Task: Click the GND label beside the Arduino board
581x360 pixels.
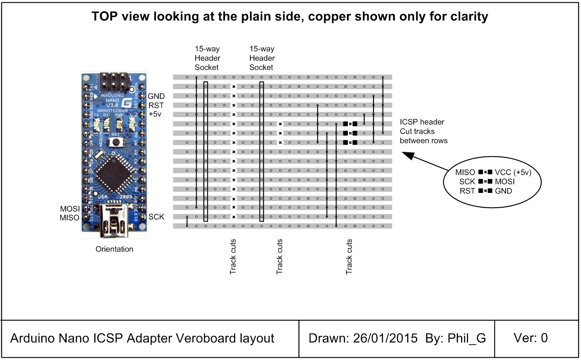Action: pos(156,96)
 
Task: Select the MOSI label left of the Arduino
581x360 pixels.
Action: pos(69,209)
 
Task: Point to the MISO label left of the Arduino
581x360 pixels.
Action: pos(69,218)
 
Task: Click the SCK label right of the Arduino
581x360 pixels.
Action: pos(156,217)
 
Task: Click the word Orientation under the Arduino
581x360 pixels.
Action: pos(114,249)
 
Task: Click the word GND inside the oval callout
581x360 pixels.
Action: pos(503,191)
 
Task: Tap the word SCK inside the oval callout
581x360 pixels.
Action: pos(468,182)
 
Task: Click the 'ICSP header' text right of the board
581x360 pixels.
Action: pos(422,122)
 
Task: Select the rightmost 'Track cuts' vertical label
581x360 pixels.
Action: pos(349,257)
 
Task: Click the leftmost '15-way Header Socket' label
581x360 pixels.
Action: pos(208,58)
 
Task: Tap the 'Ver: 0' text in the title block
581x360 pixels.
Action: pos(531,338)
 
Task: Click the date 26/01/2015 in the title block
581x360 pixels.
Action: pos(386,339)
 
